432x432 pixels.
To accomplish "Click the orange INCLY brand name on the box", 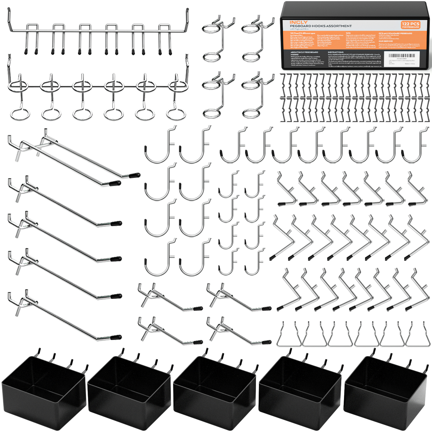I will click(298, 22).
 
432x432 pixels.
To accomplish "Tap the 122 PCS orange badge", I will click(410, 25).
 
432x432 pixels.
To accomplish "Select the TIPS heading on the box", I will click(348, 33).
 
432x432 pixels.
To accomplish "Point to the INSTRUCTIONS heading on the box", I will click(336, 52).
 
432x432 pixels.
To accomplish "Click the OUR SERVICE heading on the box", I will click(386, 41).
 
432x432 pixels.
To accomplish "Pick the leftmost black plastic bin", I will click(43, 391).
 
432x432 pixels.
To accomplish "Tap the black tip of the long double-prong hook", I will click(134, 175).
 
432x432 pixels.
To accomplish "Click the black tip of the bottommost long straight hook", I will click(116, 337).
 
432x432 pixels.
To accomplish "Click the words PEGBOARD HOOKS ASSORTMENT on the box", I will click(321, 26).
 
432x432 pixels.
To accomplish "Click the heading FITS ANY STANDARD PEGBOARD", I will click(395, 33).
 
